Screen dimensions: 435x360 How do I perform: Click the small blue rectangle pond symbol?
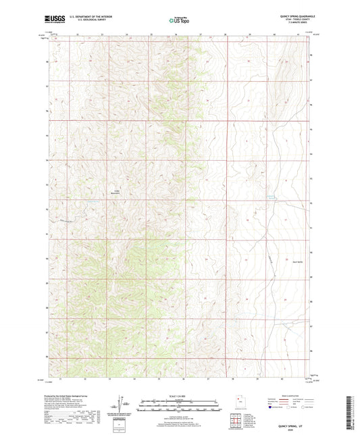pos(272,197)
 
